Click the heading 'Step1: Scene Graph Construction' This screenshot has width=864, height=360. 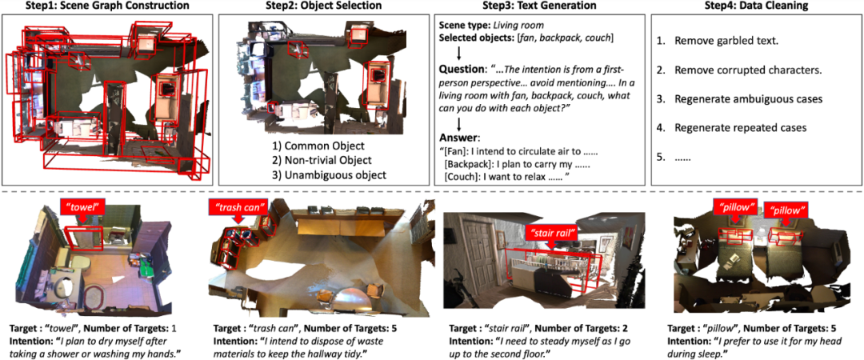point(108,6)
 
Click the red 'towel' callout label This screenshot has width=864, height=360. point(83,208)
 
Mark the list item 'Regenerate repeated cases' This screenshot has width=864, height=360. point(739,127)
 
